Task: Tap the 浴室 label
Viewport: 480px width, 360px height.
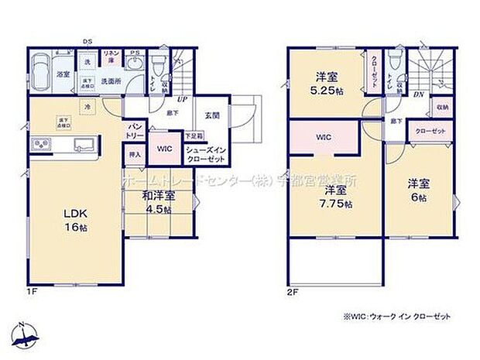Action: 63,74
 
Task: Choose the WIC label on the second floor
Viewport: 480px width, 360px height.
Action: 323,137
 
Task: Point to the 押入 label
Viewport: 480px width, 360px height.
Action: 134,154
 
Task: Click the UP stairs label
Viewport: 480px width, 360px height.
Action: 183,100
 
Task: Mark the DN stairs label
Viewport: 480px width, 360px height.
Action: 417,94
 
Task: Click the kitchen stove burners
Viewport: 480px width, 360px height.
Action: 41,145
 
